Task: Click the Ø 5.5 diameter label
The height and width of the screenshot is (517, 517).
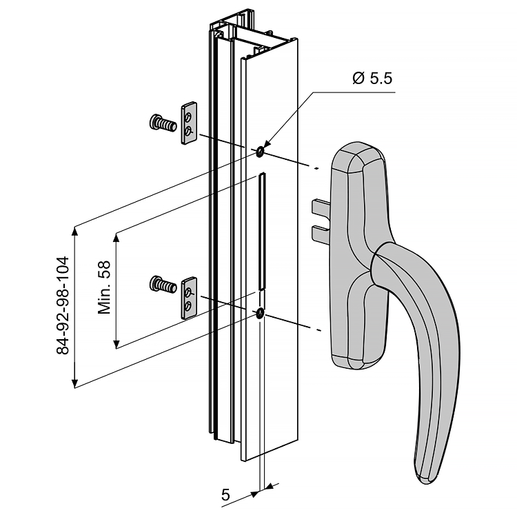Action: tap(372, 78)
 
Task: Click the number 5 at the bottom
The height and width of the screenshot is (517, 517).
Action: tap(225, 494)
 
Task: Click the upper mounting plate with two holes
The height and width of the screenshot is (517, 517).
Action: tap(189, 123)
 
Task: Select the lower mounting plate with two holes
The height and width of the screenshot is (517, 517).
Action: tap(189, 298)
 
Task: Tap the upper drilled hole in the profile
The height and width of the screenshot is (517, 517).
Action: tap(261, 151)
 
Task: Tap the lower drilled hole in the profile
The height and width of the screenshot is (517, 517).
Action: tap(260, 314)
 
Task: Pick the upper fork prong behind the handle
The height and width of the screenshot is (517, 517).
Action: tap(322, 207)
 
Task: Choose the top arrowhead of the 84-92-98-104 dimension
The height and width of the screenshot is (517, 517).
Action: tap(74, 230)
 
